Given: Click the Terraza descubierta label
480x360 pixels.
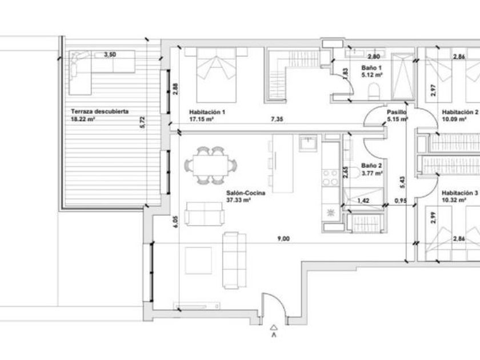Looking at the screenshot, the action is [99, 111].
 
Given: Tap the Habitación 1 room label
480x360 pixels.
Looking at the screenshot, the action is [207, 112].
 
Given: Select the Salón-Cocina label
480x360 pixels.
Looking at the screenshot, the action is [246, 193].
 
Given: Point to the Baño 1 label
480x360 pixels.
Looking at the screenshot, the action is [371, 67].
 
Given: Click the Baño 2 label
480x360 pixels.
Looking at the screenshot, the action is [371, 166].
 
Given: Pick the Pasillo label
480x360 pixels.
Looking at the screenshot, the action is [397, 112].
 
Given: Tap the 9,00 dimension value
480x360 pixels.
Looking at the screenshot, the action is [283, 238].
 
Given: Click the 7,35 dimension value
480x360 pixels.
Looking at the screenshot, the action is [277, 119].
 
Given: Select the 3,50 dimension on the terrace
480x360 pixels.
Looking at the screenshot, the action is [110, 54].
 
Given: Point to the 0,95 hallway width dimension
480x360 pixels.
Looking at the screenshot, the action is [401, 201].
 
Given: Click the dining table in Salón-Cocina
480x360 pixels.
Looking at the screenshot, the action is [211, 165].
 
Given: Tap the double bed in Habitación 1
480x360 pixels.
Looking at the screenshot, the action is [216, 75].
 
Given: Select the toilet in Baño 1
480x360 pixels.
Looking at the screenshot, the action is [374, 92].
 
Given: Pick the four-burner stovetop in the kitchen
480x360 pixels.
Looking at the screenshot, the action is [330, 178].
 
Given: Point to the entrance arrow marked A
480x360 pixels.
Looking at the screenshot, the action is [274, 331].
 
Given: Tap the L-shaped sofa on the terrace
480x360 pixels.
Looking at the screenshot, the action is [102, 72].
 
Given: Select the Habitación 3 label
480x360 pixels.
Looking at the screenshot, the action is [460, 193].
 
